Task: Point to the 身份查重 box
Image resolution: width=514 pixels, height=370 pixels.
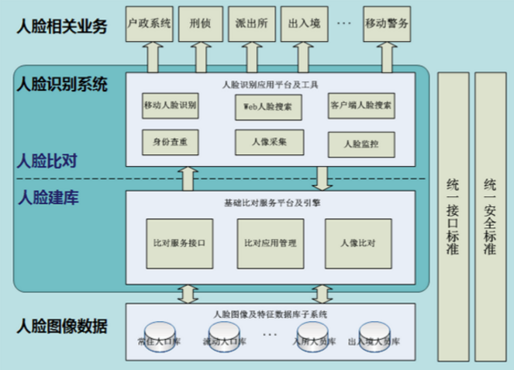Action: [x=170, y=143]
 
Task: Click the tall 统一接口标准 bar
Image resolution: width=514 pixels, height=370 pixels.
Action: [x=453, y=217]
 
